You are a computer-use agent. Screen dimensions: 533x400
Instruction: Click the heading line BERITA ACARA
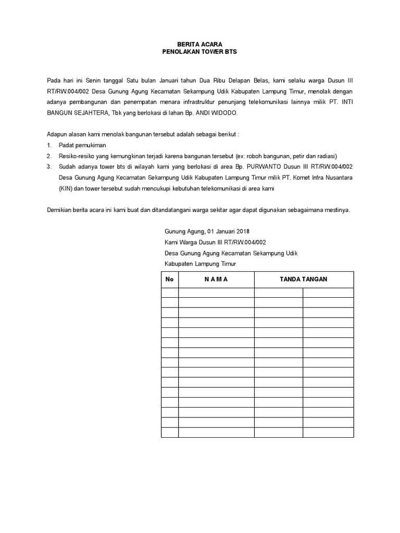coord(200,45)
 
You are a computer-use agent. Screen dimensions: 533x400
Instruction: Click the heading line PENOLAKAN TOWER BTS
coord(200,53)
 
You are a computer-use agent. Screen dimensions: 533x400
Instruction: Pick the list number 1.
coord(49,145)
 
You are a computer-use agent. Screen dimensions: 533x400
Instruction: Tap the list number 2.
coord(49,156)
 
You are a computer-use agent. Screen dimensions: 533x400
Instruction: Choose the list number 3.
coord(49,167)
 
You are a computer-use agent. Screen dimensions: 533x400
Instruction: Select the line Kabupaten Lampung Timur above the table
coord(200,264)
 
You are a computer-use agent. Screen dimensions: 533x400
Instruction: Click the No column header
coord(169,280)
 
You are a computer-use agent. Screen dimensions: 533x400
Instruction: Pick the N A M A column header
coord(216,280)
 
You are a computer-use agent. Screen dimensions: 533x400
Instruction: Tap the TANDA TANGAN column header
coord(304,280)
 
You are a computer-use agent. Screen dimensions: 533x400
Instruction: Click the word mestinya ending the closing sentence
coord(337,210)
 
